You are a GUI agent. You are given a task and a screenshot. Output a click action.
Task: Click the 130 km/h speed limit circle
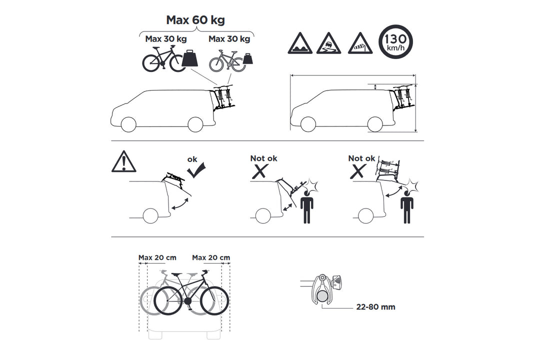[x=395, y=41]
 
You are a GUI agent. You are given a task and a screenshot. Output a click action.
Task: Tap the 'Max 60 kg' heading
[x=195, y=20]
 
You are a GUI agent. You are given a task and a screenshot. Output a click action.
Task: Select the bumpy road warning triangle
[x=300, y=44]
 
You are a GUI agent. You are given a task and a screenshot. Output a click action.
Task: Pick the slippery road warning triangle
[x=328, y=44]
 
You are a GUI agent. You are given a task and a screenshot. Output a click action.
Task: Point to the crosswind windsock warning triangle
[x=360, y=44]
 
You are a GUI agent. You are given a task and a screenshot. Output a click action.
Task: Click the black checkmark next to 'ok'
[x=196, y=170]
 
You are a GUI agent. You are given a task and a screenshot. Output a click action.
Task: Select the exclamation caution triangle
[x=123, y=162]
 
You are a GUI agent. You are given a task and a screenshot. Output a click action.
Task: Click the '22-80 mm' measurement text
[x=375, y=307]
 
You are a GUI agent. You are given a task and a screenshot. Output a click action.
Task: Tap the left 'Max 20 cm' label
[x=157, y=257]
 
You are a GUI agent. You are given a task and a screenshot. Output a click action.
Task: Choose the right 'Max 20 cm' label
[x=211, y=257]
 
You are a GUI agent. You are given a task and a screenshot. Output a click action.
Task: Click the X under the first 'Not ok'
[x=260, y=171]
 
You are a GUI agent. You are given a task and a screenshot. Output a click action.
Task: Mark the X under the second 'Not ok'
[x=358, y=171]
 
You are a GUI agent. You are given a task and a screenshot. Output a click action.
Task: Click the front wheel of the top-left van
[x=129, y=124]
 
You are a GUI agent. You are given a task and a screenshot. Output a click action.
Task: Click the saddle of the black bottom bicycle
[x=176, y=274]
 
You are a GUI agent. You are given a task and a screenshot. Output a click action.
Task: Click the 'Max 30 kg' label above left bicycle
[x=166, y=38]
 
